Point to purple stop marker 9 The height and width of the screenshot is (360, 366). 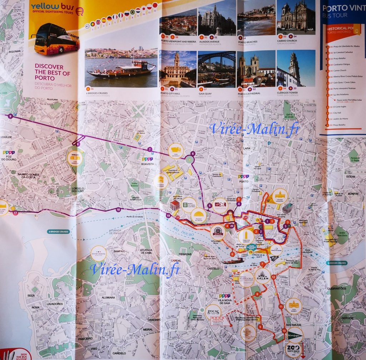(10, 116)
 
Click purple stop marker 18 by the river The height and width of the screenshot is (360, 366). (118, 209)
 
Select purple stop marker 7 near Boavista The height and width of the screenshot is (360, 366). (150, 149)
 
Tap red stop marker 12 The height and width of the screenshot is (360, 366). (273, 277)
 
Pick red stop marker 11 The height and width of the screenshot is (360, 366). (281, 306)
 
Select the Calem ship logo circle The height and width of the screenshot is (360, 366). (263, 276)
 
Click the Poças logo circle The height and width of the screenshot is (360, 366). (213, 312)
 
